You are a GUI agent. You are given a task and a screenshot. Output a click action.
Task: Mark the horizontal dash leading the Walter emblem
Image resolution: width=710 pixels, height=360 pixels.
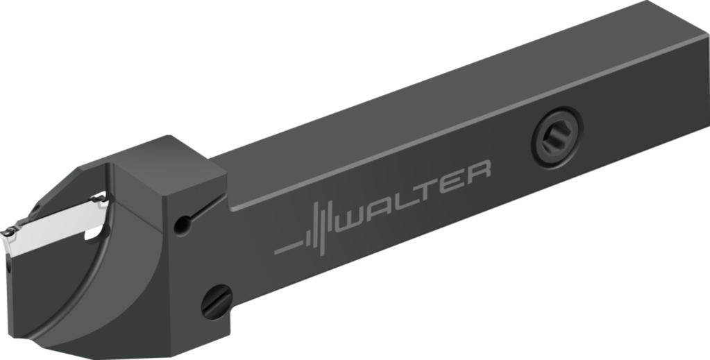pos(287,247)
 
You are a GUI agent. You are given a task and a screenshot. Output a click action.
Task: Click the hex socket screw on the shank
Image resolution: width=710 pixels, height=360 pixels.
pos(557,132)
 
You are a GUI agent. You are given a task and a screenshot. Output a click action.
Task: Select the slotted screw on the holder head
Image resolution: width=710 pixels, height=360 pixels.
pos(217,302)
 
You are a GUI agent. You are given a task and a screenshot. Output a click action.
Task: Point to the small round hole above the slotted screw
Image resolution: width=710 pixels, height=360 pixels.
pos(183,223)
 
